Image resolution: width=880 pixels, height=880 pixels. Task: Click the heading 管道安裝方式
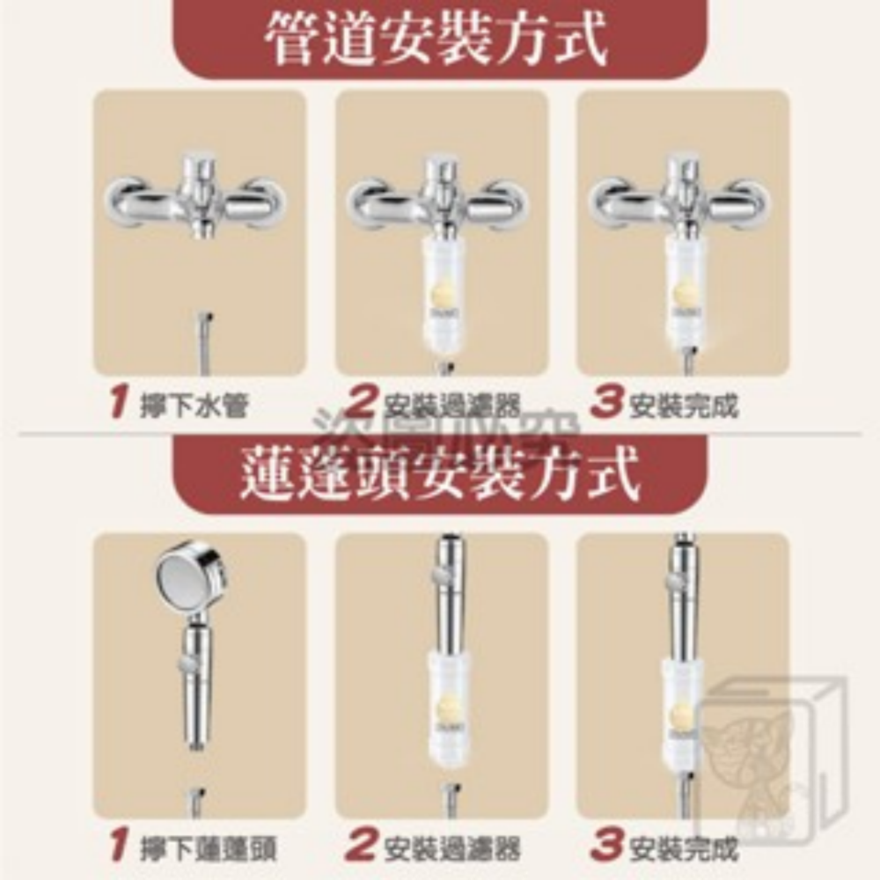click(437, 40)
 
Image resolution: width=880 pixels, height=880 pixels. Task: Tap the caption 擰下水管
click(194, 407)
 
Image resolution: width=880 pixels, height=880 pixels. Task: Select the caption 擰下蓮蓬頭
click(209, 848)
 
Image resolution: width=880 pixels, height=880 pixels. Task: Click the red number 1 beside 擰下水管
click(118, 406)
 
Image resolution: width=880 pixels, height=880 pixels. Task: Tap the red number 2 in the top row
click(360, 406)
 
